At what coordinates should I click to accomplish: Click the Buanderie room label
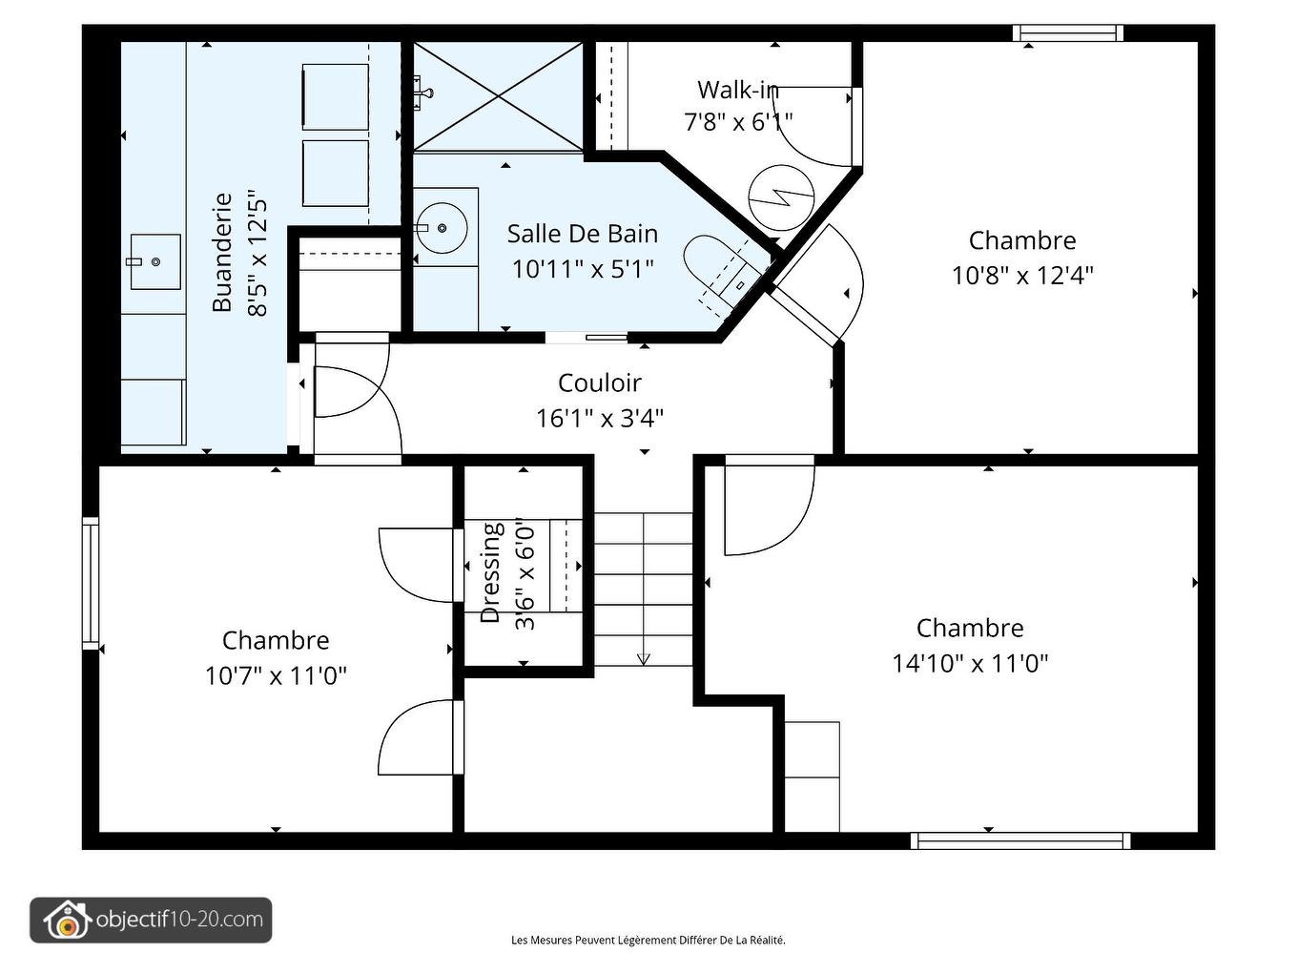(x=221, y=253)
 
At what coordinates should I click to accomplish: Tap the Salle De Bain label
(x=582, y=234)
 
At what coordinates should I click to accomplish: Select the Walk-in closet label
(x=737, y=90)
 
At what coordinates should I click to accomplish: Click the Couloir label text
(x=599, y=383)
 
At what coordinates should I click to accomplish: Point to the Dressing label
(x=490, y=572)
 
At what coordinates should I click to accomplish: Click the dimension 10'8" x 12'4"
(x=1021, y=276)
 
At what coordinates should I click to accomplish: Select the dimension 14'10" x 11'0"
(x=970, y=663)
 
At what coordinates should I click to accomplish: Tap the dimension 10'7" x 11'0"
(x=276, y=675)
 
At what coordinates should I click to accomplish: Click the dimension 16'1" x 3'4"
(x=599, y=418)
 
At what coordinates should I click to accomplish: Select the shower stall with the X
(x=498, y=95)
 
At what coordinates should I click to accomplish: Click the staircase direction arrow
(x=643, y=657)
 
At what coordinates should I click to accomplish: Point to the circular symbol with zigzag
(x=780, y=197)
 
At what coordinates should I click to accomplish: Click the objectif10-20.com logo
(x=151, y=921)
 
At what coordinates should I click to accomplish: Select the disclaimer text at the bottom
(x=648, y=940)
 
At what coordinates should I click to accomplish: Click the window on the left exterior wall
(x=91, y=583)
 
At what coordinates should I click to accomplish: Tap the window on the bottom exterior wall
(x=1019, y=840)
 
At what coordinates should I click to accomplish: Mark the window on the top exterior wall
(x=1067, y=33)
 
